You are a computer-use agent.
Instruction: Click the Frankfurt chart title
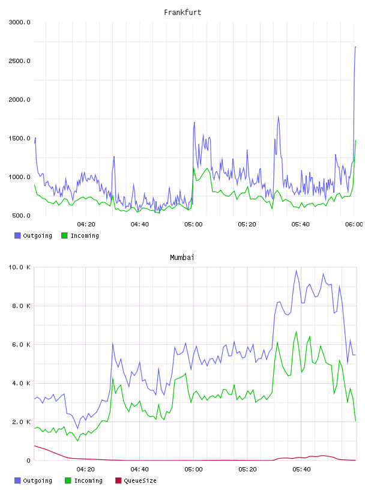click(182, 12)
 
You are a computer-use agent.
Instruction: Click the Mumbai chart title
click(182, 257)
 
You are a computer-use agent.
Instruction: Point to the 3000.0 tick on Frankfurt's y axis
click(19, 22)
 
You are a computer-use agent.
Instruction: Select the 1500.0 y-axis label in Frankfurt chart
click(19, 139)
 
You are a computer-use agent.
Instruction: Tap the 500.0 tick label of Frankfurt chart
click(21, 216)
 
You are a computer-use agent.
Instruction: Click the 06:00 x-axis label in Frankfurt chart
click(354, 224)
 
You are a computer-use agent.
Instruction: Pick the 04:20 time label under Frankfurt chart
click(86, 224)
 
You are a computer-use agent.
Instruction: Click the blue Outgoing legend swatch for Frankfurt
click(17, 235)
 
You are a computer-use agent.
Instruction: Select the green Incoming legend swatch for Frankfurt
click(64, 235)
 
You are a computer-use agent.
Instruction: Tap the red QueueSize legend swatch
click(118, 480)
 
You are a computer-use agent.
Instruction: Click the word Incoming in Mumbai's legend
click(88, 480)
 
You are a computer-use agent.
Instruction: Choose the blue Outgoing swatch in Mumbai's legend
click(17, 480)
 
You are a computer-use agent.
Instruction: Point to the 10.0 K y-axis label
click(19, 267)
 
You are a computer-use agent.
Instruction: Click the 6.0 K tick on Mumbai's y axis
click(21, 345)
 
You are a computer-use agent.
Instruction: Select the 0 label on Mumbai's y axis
click(28, 461)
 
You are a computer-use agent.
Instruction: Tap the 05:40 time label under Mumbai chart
click(301, 469)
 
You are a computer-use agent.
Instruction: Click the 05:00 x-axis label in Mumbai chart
click(193, 469)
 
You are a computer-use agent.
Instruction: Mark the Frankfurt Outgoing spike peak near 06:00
click(355, 47)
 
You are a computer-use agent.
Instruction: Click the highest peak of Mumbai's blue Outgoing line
click(296, 270)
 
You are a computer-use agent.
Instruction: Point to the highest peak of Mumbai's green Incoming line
click(296, 331)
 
